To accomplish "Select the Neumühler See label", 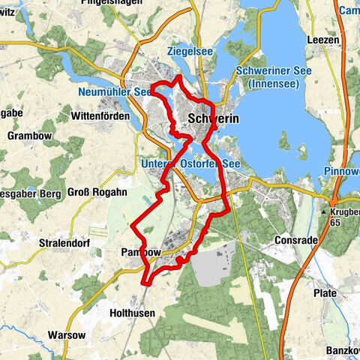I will [112, 92].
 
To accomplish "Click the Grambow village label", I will [28, 136].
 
